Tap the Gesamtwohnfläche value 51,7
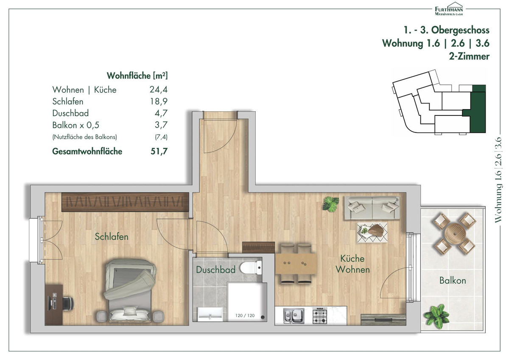point(159,151)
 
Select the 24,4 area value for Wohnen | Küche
point(158,90)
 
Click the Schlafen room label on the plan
point(111,236)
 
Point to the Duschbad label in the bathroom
point(215,270)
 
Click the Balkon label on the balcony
point(453,281)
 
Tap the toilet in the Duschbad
point(251,268)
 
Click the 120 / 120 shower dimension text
point(245,315)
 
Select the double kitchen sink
point(294,316)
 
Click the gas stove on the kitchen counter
point(320,315)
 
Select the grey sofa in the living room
point(372,208)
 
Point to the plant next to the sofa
point(331,204)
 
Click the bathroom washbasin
point(210,314)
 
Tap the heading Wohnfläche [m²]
point(137,76)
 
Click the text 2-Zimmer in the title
point(469,56)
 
